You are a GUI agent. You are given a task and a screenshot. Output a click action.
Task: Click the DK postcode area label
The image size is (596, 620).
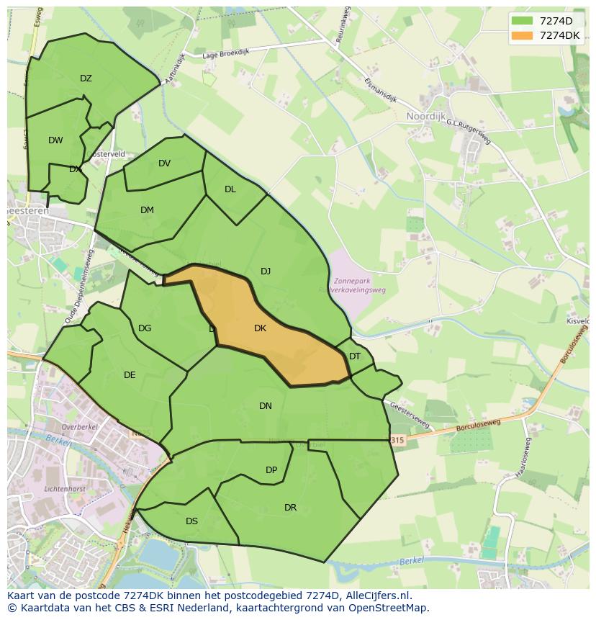click(x=260, y=328)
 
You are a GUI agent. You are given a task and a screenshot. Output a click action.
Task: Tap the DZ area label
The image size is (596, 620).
click(x=86, y=78)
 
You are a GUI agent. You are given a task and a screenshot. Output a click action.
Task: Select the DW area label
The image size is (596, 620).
click(x=55, y=140)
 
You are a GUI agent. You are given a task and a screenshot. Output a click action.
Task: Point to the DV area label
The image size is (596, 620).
click(x=164, y=163)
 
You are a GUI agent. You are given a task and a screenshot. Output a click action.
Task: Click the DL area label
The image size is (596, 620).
click(x=230, y=189)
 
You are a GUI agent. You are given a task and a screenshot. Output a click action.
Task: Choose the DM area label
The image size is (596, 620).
click(x=147, y=210)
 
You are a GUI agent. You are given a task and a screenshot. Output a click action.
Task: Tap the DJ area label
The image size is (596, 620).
click(x=266, y=271)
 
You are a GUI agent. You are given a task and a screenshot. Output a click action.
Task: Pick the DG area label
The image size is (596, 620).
click(x=145, y=328)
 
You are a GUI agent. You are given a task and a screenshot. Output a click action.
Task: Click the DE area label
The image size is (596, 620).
click(x=130, y=375)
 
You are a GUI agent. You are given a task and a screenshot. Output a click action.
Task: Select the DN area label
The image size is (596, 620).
click(x=266, y=406)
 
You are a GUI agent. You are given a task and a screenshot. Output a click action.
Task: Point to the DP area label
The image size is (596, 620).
click(x=271, y=470)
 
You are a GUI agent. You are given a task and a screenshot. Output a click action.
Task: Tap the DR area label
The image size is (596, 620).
click(x=290, y=508)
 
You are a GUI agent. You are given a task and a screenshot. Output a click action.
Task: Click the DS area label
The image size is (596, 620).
click(x=191, y=521)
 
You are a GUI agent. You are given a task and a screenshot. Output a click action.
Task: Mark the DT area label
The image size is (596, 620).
click(x=355, y=356)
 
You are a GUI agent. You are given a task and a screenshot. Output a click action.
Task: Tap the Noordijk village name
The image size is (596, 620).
click(x=427, y=116)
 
